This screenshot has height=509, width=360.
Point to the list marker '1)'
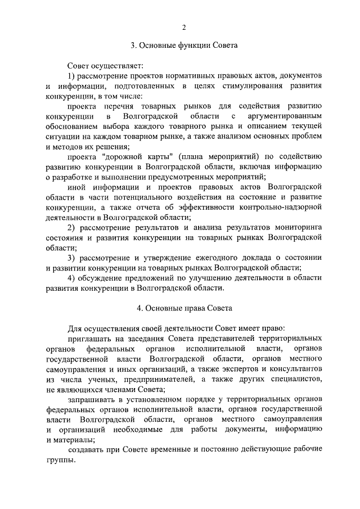72,75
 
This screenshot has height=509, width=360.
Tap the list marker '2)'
72,227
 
